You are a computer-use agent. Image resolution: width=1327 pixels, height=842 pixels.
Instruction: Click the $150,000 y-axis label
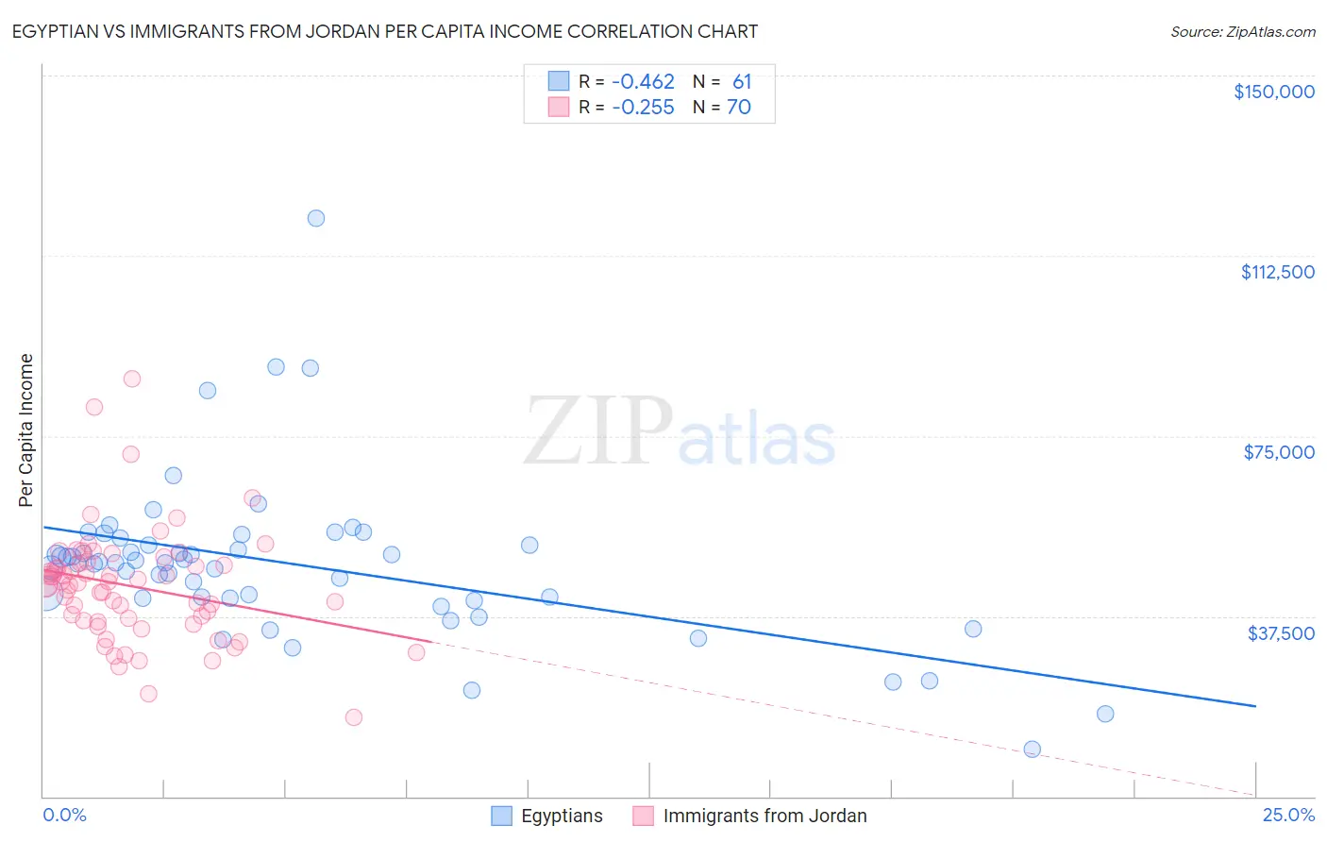tap(1273, 92)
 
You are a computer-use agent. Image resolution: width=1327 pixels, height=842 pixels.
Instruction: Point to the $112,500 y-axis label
tap(1277, 272)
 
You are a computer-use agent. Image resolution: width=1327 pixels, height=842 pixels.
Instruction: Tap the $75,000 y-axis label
tap(1279, 452)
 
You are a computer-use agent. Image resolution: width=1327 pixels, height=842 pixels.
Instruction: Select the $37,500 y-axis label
tap(1281, 633)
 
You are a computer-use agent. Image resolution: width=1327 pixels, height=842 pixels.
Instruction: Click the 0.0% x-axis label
tap(64, 816)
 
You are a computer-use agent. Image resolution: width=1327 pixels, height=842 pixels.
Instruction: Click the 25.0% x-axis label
tap(1288, 816)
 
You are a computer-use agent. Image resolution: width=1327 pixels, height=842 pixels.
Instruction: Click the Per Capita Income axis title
tap(26, 430)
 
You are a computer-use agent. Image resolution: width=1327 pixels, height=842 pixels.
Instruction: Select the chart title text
tap(385, 32)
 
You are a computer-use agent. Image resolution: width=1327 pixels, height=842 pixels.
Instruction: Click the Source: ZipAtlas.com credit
tap(1242, 32)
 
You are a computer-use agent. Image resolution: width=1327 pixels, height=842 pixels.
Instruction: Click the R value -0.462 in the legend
tap(643, 82)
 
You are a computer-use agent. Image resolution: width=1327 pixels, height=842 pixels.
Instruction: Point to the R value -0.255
tap(643, 108)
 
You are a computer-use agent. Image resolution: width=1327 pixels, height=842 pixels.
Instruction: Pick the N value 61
tap(742, 82)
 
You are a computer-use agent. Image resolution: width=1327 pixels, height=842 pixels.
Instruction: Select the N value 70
tap(739, 108)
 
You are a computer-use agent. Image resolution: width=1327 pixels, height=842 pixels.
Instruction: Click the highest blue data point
tap(316, 218)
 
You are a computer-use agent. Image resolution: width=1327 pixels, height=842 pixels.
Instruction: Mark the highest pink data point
tap(132, 379)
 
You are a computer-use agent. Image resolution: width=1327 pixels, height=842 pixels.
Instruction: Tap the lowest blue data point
tap(1032, 749)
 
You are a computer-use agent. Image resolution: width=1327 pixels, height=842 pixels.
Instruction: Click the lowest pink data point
tap(354, 717)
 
